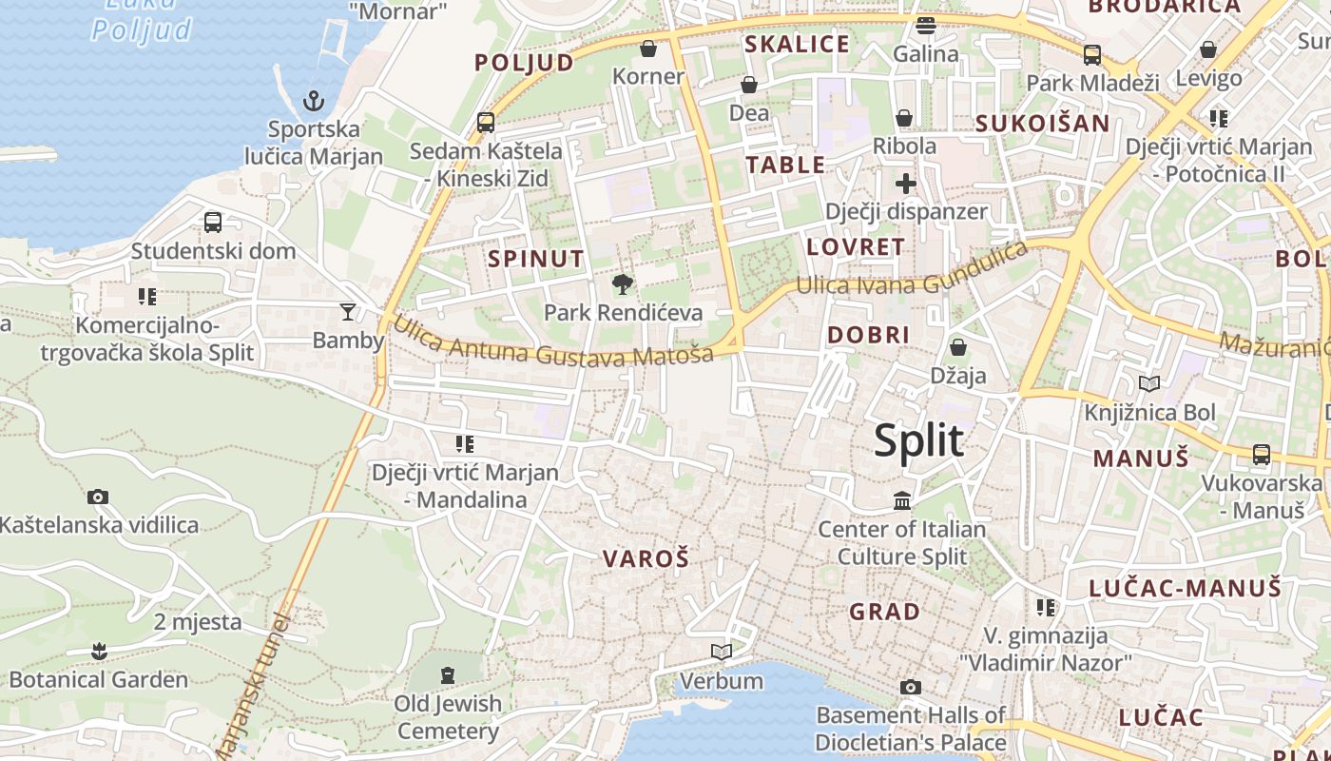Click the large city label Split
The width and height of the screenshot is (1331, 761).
click(918, 440)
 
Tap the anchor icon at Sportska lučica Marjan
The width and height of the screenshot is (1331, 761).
click(313, 100)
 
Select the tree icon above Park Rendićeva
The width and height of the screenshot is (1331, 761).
click(623, 283)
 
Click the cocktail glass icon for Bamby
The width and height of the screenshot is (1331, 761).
click(348, 311)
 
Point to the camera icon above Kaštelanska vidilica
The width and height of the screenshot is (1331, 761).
click(97, 497)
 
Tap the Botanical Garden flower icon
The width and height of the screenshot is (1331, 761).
click(98, 652)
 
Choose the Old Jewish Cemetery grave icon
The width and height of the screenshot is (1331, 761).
click(448, 675)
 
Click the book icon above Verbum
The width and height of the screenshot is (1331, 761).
click(722, 652)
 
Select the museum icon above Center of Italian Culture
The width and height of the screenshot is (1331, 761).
click(902, 500)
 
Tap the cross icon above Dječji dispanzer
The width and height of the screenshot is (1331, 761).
click(905, 183)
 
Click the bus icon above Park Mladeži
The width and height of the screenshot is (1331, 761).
click(1092, 54)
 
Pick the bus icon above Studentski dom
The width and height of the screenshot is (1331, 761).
click(213, 223)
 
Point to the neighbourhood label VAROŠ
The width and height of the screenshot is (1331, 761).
click(646, 559)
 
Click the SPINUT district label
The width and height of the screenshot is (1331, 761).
click(536, 259)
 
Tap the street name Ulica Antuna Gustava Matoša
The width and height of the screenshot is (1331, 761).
click(552, 342)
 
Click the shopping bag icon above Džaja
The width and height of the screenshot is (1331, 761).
click(957, 347)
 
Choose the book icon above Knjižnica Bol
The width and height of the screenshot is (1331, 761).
click(1149, 383)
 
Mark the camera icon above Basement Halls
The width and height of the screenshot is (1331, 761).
click(910, 687)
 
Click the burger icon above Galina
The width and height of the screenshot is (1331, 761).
click(925, 25)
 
